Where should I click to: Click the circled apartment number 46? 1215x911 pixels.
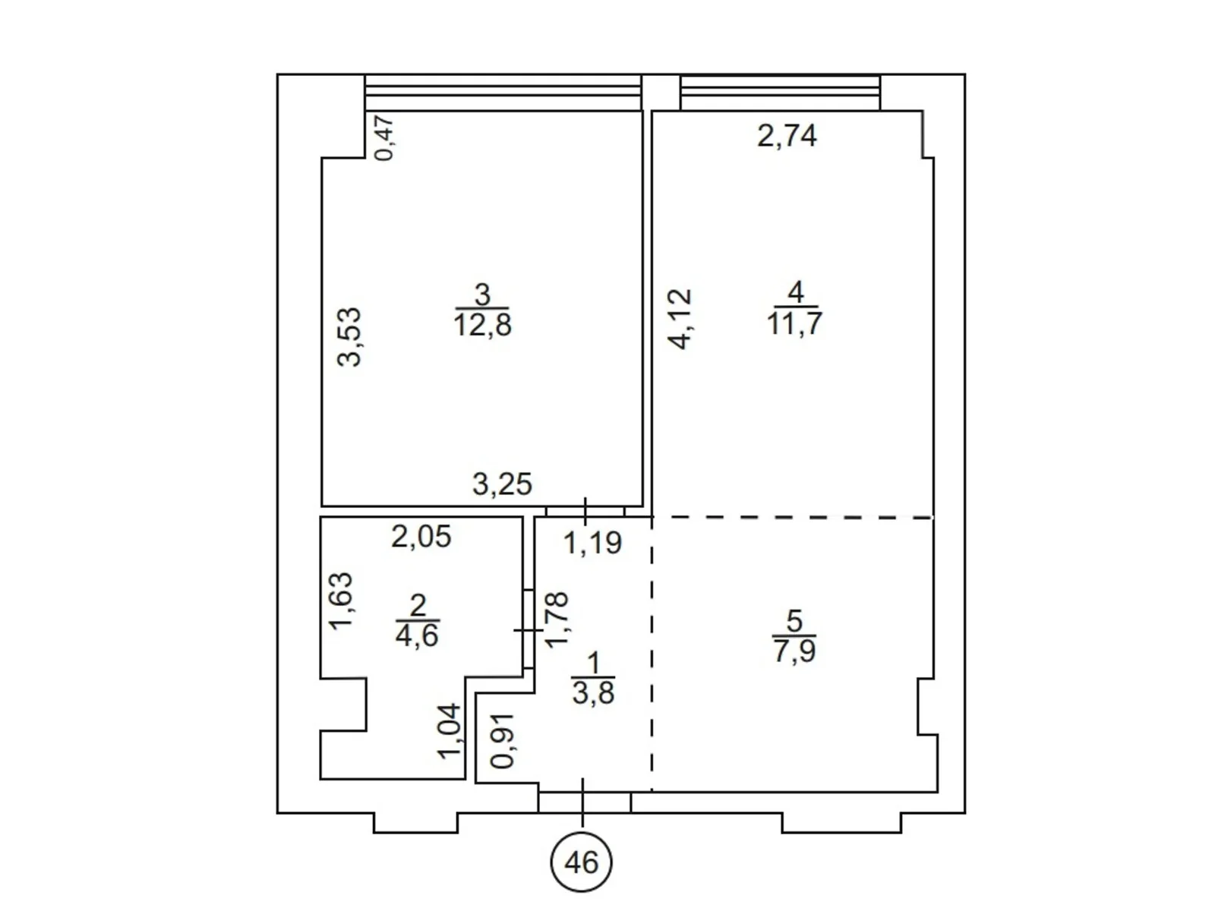581,862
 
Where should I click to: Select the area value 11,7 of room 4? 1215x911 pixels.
794,323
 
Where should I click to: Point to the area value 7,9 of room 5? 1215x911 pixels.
794,651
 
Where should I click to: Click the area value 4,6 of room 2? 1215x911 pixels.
417,635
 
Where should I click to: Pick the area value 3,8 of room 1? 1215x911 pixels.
593,692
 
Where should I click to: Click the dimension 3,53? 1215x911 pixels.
350,337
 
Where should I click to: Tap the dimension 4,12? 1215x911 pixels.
680,319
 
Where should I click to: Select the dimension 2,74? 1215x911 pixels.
787,136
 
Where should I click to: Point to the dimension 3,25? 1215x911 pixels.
502,484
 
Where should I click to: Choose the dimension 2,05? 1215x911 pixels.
421,537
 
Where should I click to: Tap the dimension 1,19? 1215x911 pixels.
593,543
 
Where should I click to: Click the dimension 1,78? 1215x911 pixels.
557,619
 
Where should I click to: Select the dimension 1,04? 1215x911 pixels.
448,730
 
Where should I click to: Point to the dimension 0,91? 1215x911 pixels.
503,742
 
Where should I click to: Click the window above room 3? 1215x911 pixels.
503,93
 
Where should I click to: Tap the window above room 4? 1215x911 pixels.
781,93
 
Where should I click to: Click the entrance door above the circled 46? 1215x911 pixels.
585,802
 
